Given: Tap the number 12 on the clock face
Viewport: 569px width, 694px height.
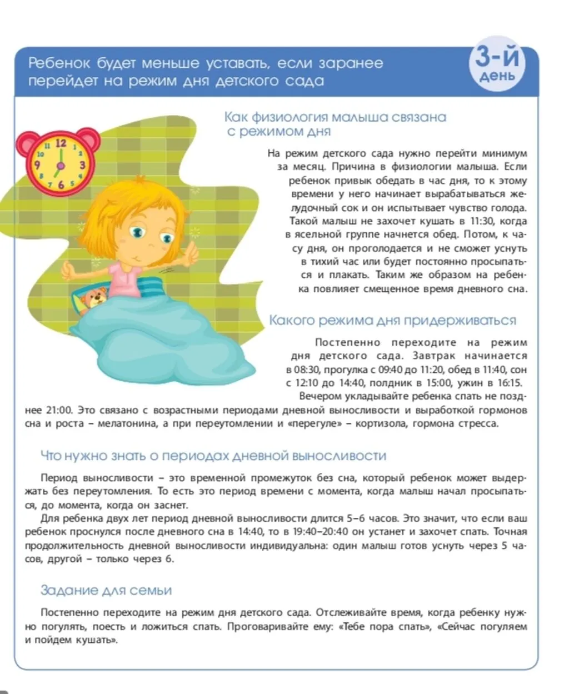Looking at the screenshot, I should [60, 143].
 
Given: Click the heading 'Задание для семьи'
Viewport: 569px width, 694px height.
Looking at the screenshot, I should [106, 590].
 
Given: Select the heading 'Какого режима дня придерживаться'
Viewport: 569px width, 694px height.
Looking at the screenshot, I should [392, 321].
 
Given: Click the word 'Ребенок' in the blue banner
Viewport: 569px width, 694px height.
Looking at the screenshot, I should [60, 63].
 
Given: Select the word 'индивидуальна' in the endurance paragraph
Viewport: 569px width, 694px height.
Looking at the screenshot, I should [288, 546].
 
